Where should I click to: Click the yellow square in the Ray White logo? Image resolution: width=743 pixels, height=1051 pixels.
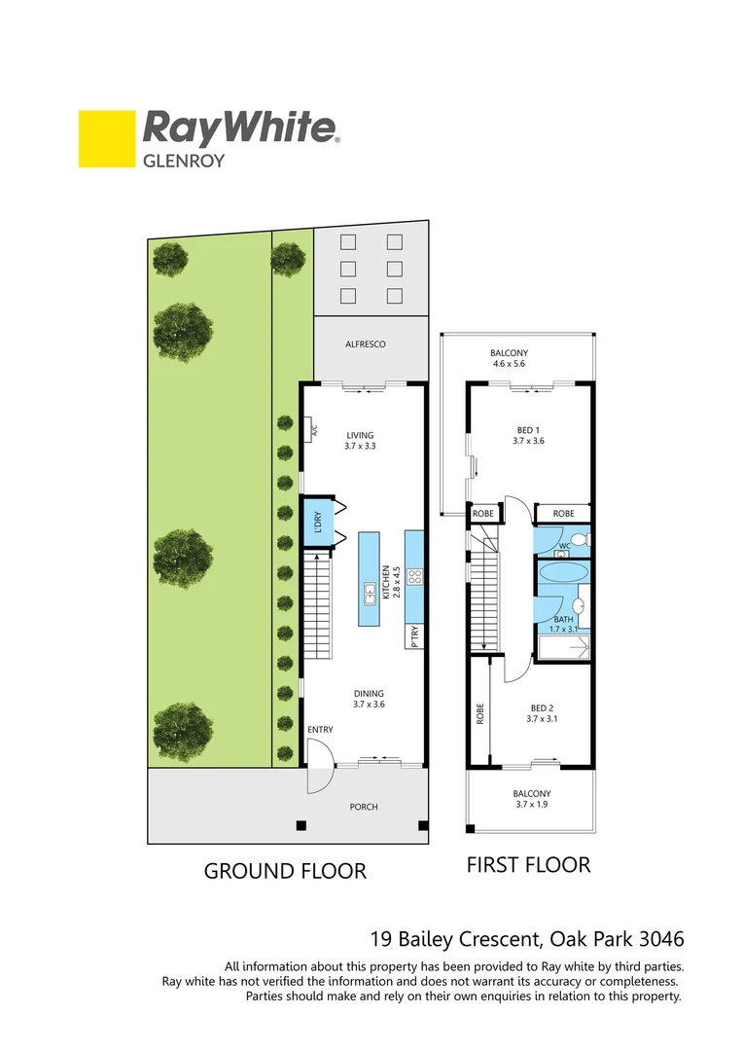point(107,139)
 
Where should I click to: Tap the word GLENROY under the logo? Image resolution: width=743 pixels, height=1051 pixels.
point(184,161)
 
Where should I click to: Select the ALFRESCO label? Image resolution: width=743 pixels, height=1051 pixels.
point(366,344)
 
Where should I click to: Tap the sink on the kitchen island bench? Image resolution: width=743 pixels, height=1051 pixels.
point(370,591)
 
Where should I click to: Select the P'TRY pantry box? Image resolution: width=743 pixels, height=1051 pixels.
point(415,637)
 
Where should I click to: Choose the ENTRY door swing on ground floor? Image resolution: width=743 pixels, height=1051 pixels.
point(319,765)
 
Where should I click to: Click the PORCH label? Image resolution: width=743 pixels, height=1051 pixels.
point(364,807)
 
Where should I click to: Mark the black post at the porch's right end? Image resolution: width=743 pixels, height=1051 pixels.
point(423,826)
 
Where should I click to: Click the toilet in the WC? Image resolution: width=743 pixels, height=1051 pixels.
point(578,539)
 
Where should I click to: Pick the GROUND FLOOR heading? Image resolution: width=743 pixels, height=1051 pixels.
point(284,871)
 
